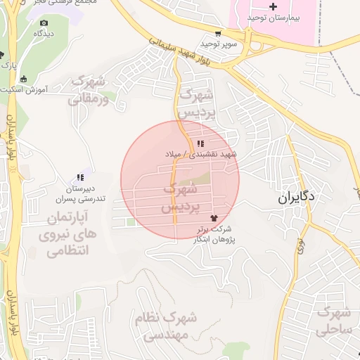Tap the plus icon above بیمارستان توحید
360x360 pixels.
274,6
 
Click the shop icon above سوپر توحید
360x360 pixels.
218,33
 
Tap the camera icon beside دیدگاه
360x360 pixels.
44,23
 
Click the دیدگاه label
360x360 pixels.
44,33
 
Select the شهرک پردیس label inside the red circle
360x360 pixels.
181,198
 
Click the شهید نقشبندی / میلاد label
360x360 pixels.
202,153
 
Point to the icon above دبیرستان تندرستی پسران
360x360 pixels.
80,177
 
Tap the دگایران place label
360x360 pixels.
297,198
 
